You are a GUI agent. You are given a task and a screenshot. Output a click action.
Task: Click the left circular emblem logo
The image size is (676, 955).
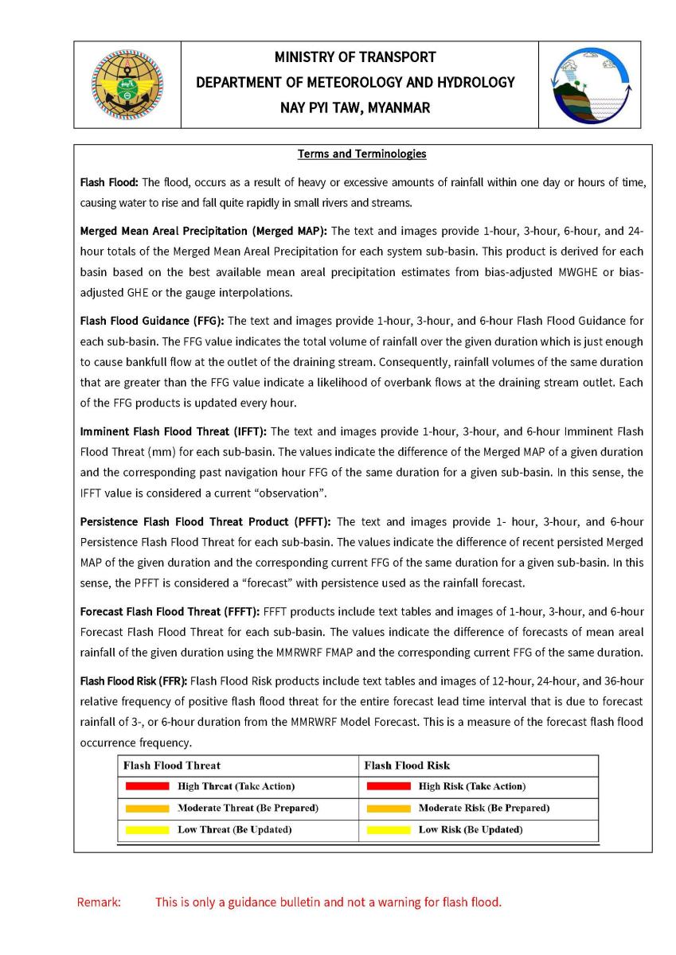click(127, 84)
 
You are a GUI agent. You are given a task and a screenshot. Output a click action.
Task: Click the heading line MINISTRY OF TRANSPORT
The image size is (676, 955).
click(355, 57)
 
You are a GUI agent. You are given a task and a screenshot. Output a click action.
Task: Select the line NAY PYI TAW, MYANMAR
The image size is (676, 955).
click(355, 107)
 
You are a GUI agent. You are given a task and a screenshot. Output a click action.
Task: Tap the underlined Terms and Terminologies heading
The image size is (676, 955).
click(362, 154)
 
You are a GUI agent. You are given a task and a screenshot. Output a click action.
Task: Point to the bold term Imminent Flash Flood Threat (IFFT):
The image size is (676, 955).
click(174, 431)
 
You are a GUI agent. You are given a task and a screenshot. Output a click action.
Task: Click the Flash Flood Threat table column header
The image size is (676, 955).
click(172, 766)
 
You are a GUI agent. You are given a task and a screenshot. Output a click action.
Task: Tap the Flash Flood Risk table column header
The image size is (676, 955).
click(407, 766)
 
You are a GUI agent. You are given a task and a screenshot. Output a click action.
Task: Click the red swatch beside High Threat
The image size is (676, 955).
click(147, 786)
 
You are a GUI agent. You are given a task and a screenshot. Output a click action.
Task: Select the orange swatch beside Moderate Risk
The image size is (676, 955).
click(389, 808)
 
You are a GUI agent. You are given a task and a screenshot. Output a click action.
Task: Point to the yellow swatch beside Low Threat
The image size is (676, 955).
click(147, 829)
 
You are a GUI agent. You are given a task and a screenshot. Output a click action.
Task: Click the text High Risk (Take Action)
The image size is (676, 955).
click(472, 786)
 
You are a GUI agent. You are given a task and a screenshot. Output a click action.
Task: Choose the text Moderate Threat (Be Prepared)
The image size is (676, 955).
click(248, 808)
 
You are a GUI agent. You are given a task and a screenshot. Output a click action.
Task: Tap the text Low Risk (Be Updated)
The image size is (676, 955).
click(471, 829)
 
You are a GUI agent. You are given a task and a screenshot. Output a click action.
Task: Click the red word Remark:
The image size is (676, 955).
click(99, 902)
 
